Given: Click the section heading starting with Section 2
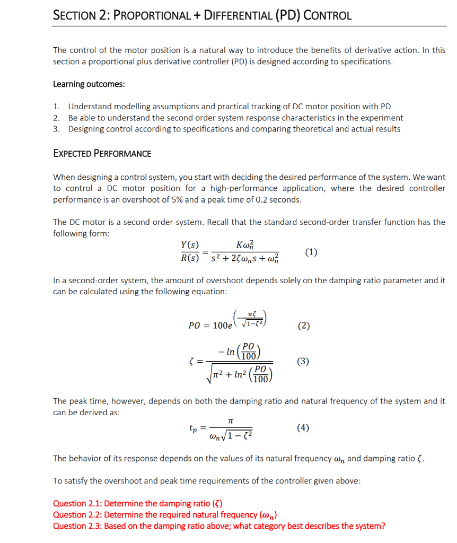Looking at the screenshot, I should point(202,15).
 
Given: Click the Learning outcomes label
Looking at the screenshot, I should point(89,84).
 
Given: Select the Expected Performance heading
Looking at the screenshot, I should point(102,154).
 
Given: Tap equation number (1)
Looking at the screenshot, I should point(312,252).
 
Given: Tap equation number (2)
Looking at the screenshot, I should point(304,326).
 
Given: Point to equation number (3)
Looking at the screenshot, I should point(304,362).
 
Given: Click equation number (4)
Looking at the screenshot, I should point(304,428).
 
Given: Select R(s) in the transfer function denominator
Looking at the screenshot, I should point(190,259).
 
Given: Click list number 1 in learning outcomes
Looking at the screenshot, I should point(56,107).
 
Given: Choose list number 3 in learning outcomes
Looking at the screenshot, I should point(56,129).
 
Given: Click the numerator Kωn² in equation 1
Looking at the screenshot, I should point(244,246).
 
